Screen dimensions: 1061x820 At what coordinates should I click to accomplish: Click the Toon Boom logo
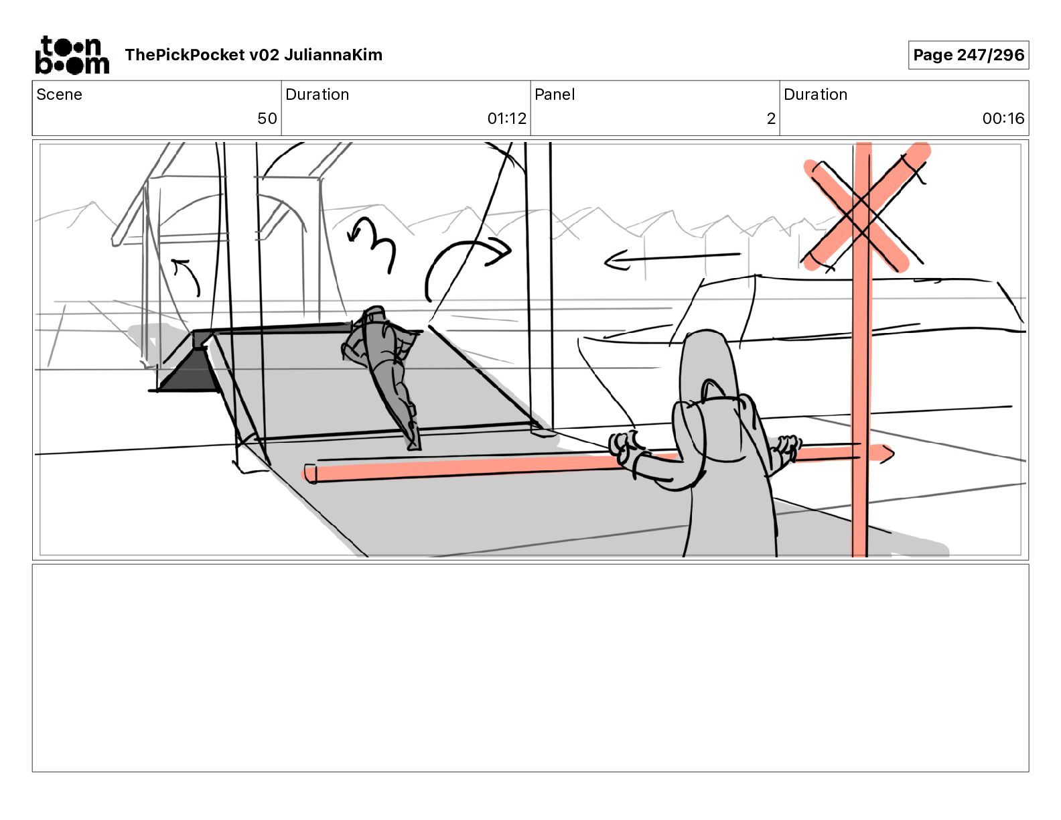pos(72,55)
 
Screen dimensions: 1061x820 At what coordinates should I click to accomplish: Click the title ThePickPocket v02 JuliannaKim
pos(253,55)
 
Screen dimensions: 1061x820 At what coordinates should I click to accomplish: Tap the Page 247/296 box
pos(969,55)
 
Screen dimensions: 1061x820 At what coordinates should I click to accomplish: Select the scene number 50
pos(267,118)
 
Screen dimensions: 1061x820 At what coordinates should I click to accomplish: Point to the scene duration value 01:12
pos(507,118)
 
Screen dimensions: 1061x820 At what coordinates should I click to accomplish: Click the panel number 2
pos(771,118)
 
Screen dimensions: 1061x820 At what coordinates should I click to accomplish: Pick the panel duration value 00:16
pos(1003,118)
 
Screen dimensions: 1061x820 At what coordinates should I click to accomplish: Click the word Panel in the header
pos(555,94)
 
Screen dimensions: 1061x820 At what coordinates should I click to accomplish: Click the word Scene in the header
pos(59,94)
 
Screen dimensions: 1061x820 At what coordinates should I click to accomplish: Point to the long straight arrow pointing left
pos(673,259)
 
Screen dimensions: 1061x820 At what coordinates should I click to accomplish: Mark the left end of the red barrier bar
pos(309,474)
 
